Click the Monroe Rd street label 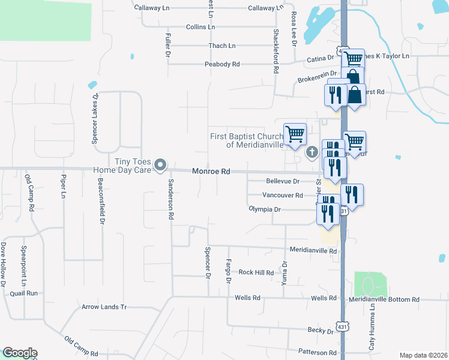(211, 172)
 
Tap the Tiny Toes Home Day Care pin (160, 164)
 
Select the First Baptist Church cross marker (312, 152)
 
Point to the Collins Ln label (200, 28)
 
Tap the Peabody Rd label (221, 64)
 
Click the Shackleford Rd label (276, 51)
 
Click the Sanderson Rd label (170, 200)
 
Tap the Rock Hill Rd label (256, 272)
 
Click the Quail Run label (24, 293)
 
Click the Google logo (20, 353)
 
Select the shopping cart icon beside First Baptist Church (295, 134)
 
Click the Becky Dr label (321, 331)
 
